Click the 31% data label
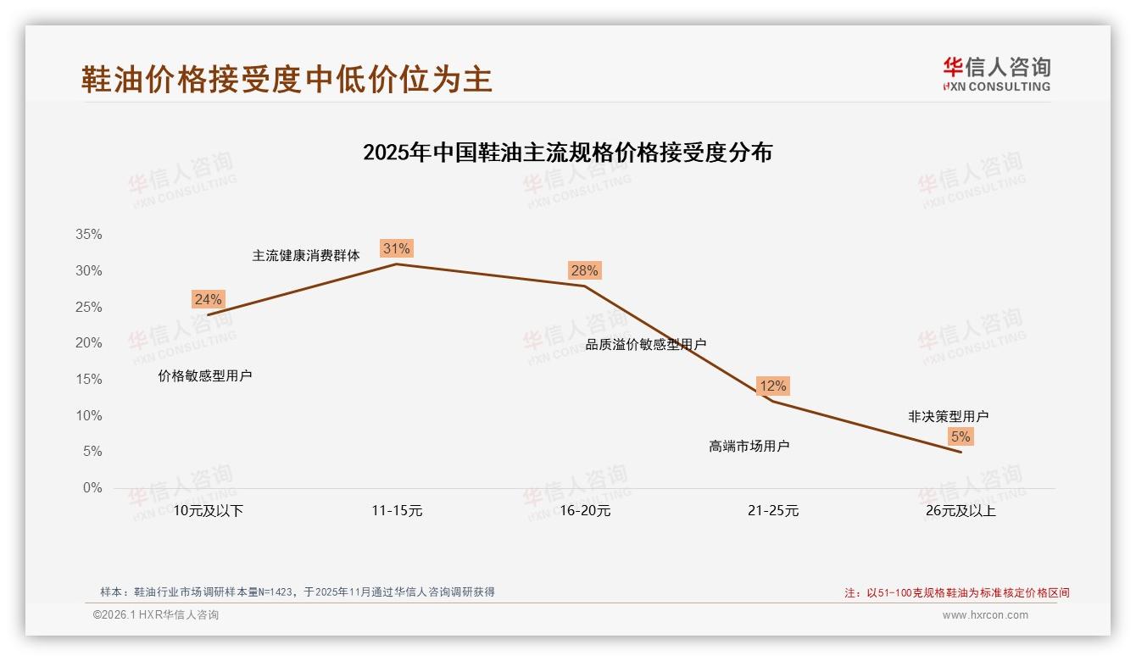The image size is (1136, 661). [396, 248]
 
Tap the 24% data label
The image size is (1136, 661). [208, 299]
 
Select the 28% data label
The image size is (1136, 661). [584, 270]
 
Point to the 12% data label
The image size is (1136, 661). [772, 386]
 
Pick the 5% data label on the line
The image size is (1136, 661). [960, 436]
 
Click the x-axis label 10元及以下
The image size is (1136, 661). [208, 511]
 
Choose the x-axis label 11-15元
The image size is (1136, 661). [396, 511]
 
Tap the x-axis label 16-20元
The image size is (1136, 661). [584, 511]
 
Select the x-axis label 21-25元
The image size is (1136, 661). [772, 511]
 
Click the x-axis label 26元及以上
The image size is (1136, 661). [961, 511]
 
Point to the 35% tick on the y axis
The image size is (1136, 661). [87, 235]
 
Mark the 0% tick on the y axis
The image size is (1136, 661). [92, 488]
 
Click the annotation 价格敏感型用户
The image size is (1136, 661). [205, 375]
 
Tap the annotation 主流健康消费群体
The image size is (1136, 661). [306, 255]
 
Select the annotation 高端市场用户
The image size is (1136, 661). [749, 446]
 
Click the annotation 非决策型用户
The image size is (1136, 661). [948, 416]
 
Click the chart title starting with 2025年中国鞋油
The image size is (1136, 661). [567, 153]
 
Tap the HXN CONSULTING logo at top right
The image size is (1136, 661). [996, 74]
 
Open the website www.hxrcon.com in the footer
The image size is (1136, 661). [985, 615]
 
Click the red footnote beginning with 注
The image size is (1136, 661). [956, 592]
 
